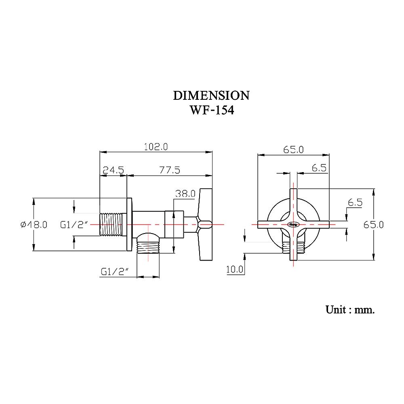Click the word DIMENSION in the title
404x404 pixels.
[211, 96]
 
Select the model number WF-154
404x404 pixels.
[211, 110]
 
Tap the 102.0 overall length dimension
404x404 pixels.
[156, 147]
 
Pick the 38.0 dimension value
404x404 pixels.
[185, 194]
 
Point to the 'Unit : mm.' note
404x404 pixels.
[350, 310]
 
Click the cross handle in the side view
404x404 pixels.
[205, 224]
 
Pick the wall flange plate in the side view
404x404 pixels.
[129, 225]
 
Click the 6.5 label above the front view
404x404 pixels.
[319, 168]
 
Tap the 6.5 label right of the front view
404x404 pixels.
[354, 203]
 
